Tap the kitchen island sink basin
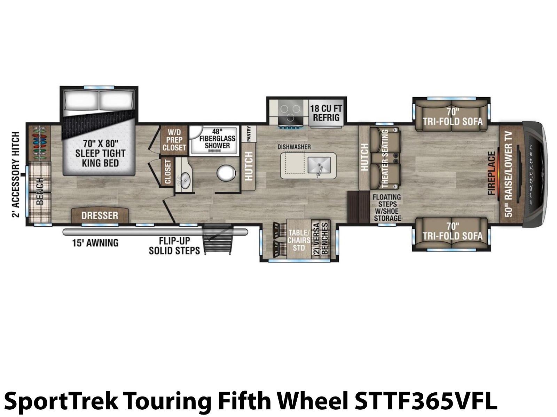[x=319, y=165]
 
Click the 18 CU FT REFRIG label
[x=326, y=113]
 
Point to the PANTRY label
[x=249, y=134]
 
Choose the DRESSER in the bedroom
[x=100, y=215]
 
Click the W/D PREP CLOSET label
[x=174, y=140]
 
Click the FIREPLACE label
[x=492, y=173]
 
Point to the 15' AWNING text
[x=95, y=243]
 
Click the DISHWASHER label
[x=294, y=147]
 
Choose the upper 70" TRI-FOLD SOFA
[x=452, y=114]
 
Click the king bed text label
[x=101, y=154]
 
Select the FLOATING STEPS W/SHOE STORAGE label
[x=387, y=207]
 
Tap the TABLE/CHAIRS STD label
[x=299, y=240]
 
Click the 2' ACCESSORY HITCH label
[x=16, y=174]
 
